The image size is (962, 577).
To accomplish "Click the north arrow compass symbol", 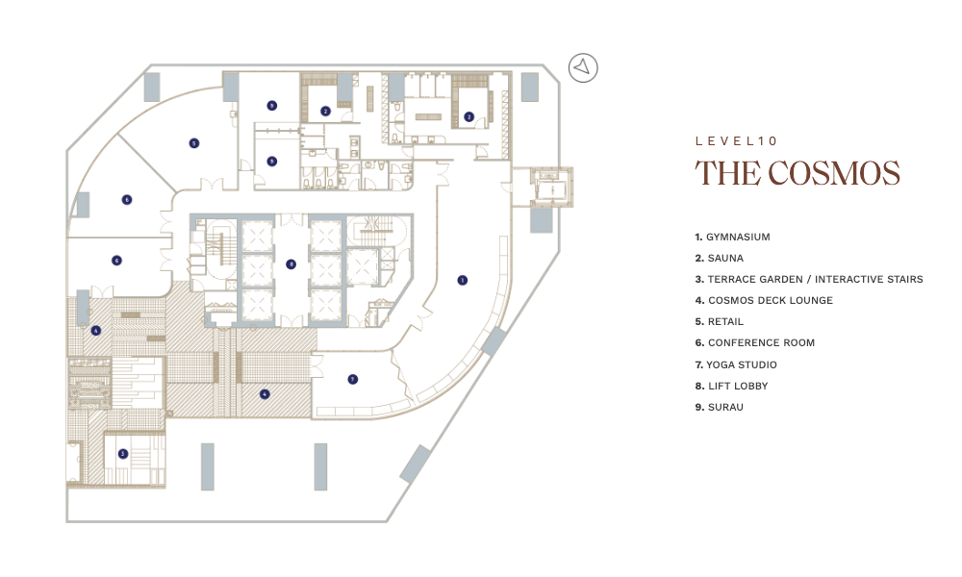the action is click(583, 68).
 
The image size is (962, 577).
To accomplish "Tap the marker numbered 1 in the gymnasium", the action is click(463, 280).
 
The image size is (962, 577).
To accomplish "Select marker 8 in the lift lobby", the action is click(291, 264).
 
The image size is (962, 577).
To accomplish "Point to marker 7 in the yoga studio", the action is click(353, 380).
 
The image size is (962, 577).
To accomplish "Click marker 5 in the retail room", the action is click(194, 143).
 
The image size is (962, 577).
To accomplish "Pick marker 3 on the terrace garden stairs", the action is click(123, 454).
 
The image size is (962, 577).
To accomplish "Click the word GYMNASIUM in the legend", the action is click(738, 238).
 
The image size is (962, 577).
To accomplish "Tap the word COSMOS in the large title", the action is click(834, 173).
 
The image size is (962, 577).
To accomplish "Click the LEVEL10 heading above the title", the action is click(736, 141).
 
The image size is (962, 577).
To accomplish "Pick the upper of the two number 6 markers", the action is click(127, 200).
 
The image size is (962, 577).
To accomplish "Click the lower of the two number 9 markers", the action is click(272, 162).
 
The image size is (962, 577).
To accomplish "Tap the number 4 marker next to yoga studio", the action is click(265, 394).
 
